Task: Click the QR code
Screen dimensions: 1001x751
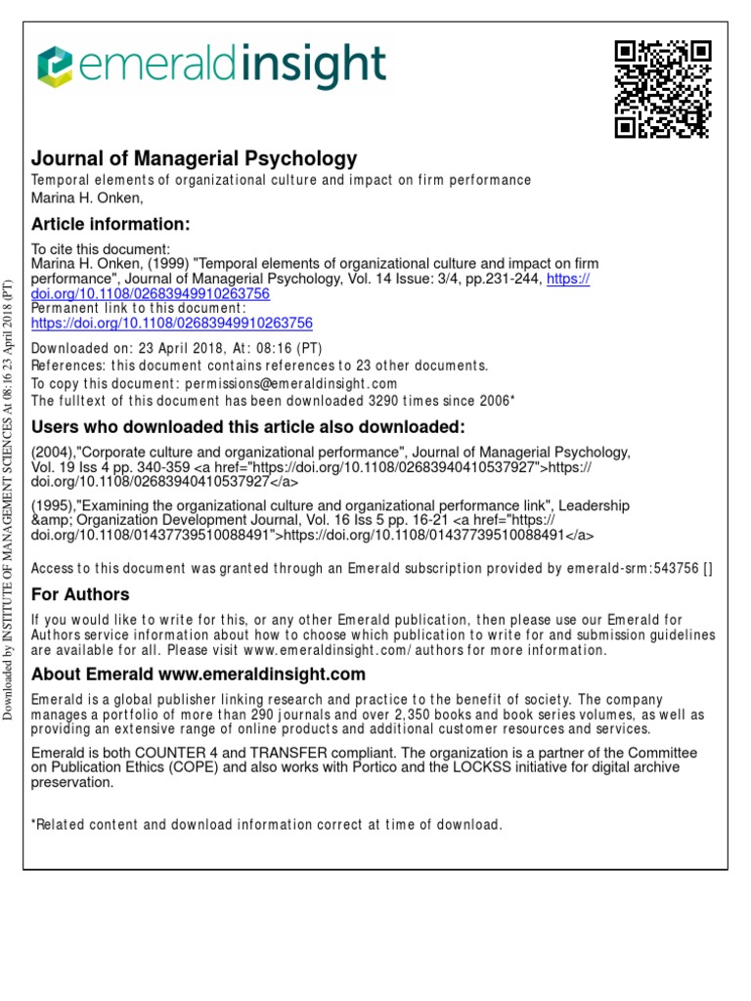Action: [x=662, y=89]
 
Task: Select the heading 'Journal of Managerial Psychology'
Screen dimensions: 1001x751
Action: [x=195, y=158]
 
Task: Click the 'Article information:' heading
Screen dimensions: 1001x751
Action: [x=110, y=225]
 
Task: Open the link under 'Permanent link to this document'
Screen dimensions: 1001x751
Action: [x=172, y=323]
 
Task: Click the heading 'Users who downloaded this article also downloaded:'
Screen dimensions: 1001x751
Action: [x=248, y=427]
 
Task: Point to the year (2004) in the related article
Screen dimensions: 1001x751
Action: [x=50, y=453]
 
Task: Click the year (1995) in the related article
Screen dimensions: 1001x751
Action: [x=50, y=505]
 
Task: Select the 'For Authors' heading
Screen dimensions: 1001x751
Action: [x=80, y=594]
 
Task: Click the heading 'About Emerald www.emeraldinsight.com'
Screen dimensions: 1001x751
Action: [x=199, y=675]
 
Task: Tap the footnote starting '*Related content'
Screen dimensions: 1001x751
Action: [x=267, y=825]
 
